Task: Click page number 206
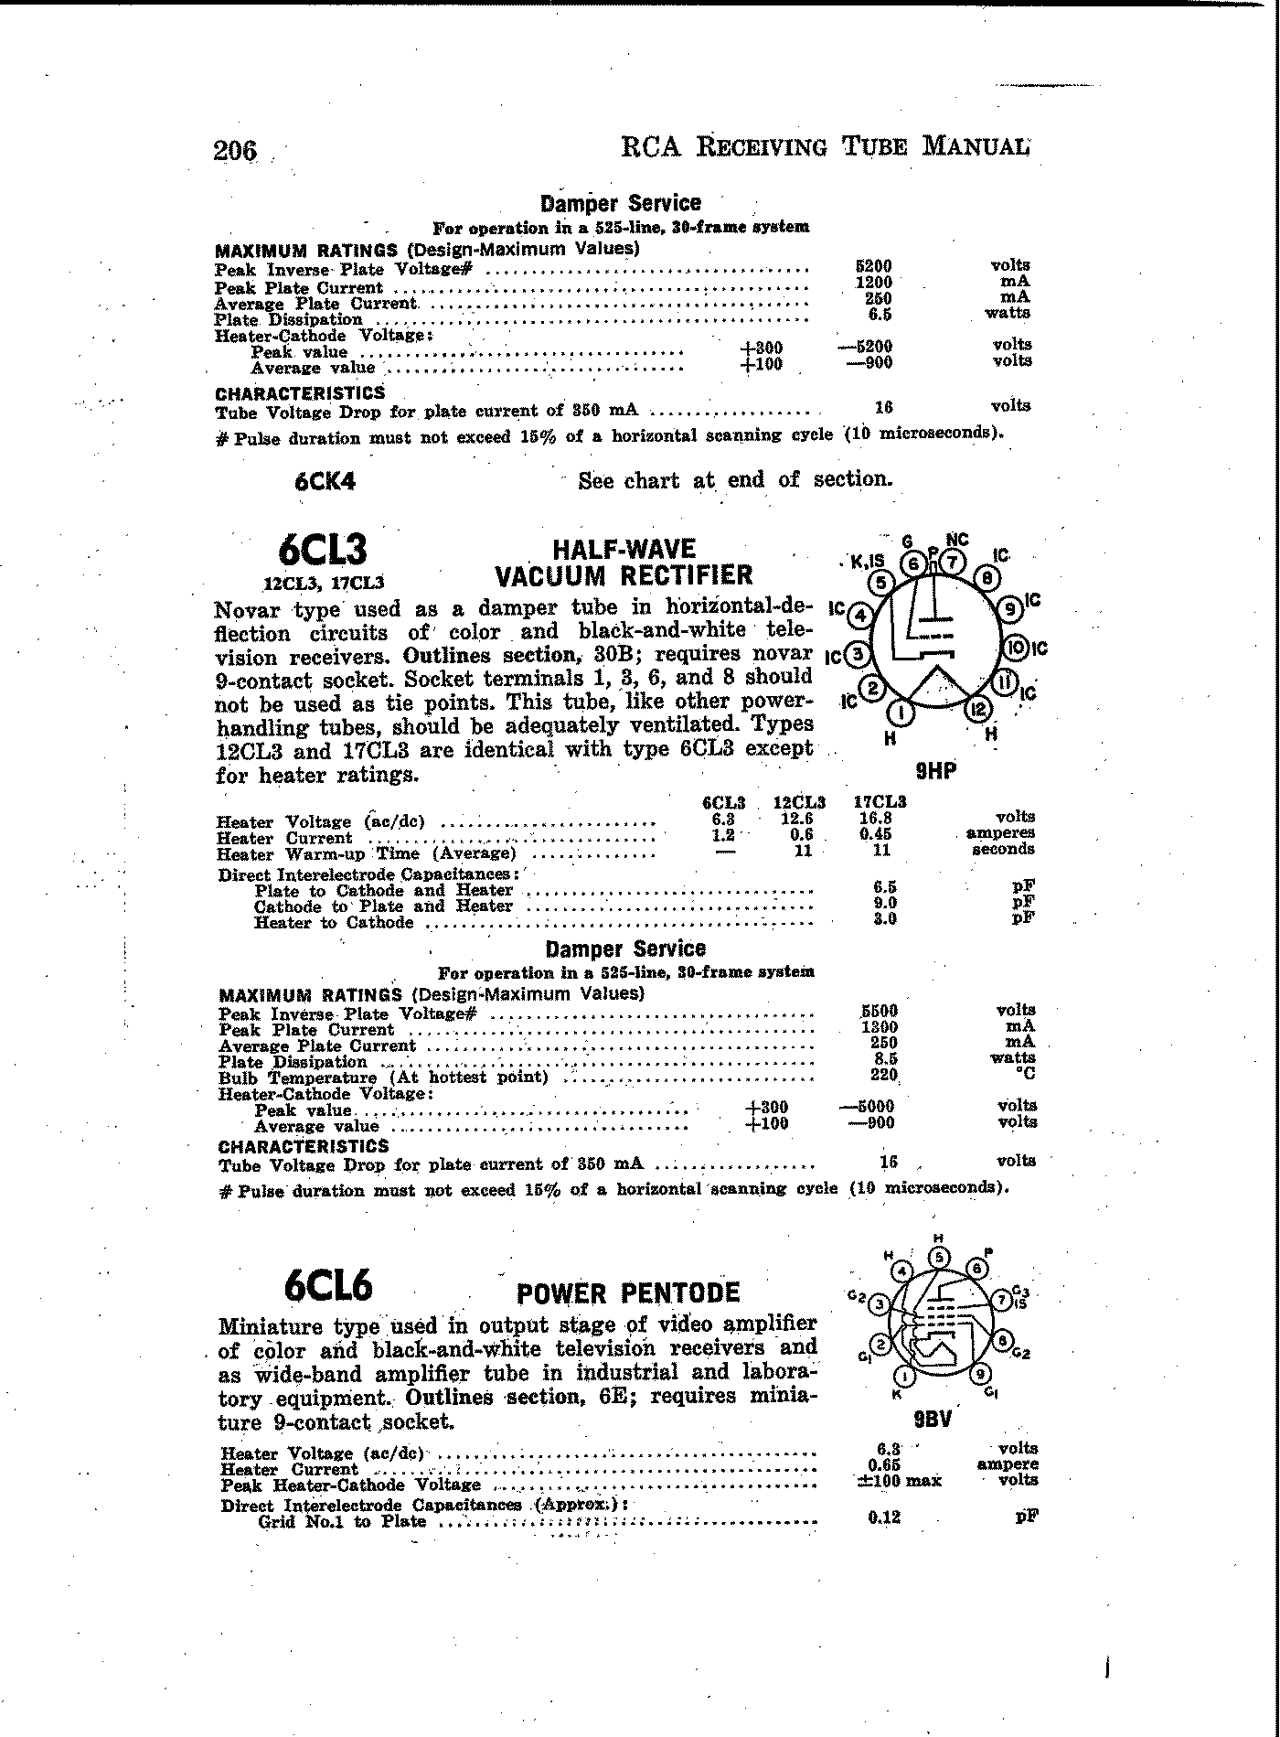click(x=236, y=150)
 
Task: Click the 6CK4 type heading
click(x=325, y=481)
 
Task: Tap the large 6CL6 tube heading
click(x=328, y=1286)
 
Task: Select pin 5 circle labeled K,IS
click(x=880, y=583)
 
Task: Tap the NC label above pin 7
click(x=956, y=540)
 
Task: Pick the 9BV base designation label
click(x=933, y=1420)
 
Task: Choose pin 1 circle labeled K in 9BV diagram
click(x=906, y=1376)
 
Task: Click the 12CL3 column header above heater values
click(x=799, y=801)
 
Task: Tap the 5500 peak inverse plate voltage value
click(x=880, y=1011)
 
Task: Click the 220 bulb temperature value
click(x=883, y=1076)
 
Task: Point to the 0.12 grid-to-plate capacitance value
click(x=883, y=1517)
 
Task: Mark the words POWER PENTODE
click(x=627, y=1292)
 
